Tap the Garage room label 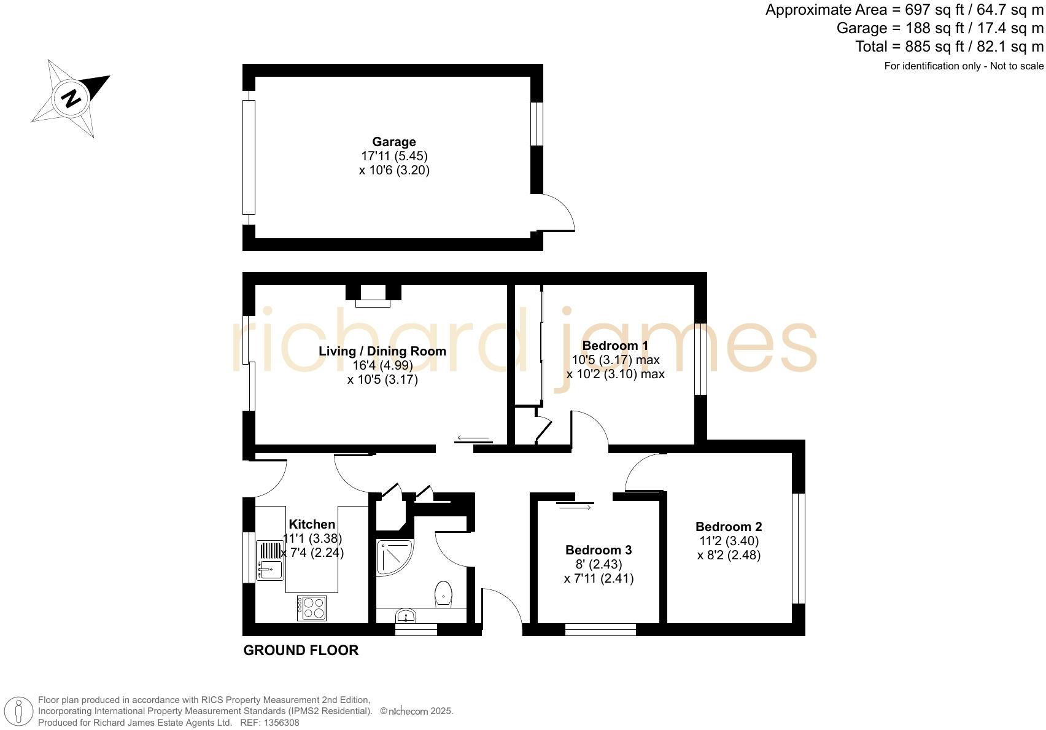click(393, 142)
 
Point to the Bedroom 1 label click(615, 346)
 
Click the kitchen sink click(269, 561)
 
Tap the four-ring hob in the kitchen click(312, 608)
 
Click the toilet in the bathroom click(443, 594)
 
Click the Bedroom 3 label click(599, 550)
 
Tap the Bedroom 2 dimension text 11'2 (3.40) click(729, 541)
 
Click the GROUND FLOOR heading click(301, 651)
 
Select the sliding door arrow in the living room click(473, 438)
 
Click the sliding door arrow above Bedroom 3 click(575, 507)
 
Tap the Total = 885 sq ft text click(949, 47)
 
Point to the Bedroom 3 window click(600, 629)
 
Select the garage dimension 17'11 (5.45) click(394, 156)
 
